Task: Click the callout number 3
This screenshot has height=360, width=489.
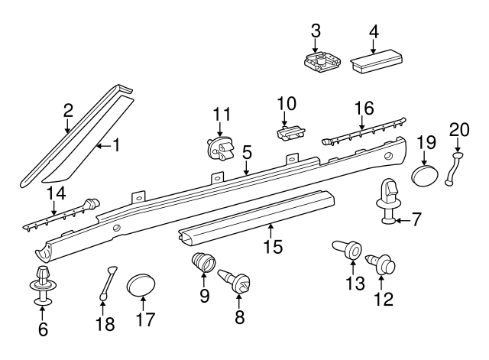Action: (x=316, y=31)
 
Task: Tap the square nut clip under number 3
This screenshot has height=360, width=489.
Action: (x=322, y=62)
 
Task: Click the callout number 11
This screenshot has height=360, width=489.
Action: (x=222, y=114)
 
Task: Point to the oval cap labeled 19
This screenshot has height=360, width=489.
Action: (x=425, y=176)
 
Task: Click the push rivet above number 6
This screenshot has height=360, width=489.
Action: (x=43, y=285)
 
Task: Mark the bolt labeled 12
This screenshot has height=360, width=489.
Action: (x=381, y=265)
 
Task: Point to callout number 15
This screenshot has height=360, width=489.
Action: (x=274, y=246)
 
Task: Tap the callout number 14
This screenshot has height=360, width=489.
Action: (x=57, y=193)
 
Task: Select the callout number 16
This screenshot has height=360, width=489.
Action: (x=364, y=108)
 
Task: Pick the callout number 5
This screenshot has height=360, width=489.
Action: (x=246, y=154)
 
